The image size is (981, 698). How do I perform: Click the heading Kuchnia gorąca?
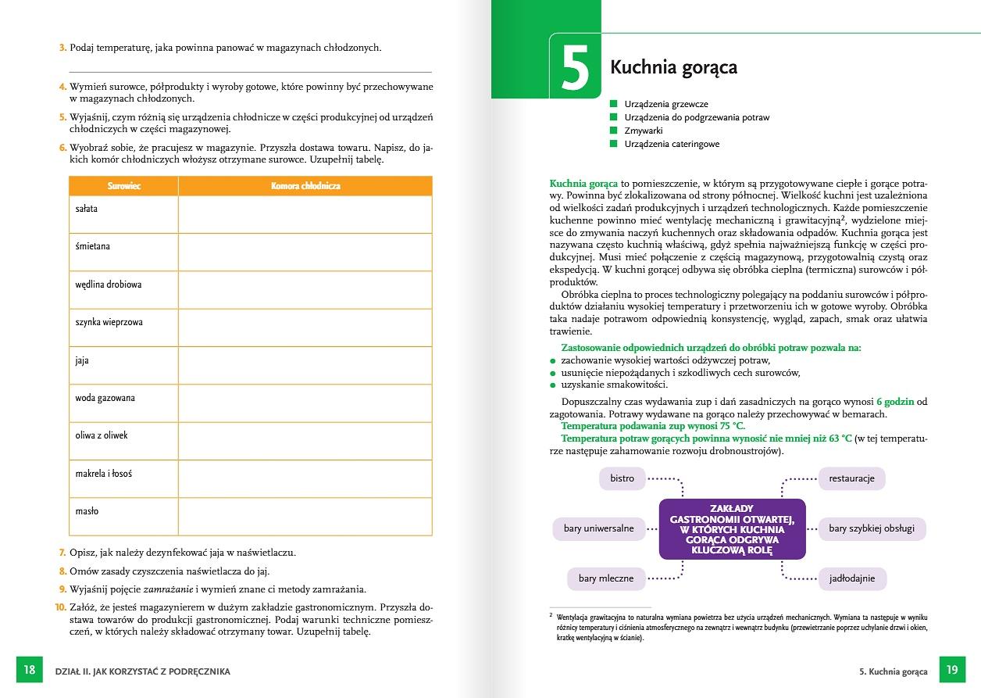click(673, 67)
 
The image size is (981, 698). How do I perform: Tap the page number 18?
click(30, 670)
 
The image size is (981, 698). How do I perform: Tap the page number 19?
click(951, 670)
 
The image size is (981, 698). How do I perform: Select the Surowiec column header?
click(123, 186)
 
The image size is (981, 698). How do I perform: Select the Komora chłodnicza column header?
click(305, 186)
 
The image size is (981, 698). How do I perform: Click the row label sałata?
click(87, 209)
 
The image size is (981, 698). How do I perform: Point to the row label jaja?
click(82, 360)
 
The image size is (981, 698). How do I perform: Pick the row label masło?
click(87, 511)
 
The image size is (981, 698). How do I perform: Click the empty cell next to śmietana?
click(305, 251)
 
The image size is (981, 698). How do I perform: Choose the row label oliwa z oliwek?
click(102, 435)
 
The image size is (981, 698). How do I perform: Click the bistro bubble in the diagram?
click(622, 478)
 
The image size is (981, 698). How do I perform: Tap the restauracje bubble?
click(851, 478)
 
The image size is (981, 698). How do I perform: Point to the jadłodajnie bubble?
click(851, 578)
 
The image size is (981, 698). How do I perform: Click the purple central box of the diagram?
click(732, 528)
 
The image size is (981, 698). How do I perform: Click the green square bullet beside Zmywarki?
click(614, 131)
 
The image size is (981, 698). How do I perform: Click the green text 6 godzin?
click(895, 402)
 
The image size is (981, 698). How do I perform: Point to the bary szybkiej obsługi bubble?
click(871, 528)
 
